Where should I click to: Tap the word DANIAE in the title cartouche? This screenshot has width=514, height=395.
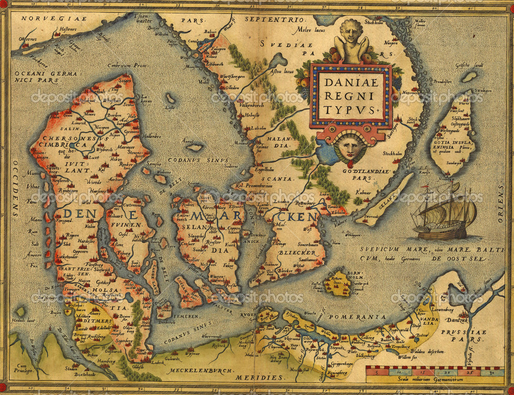pos(350,82)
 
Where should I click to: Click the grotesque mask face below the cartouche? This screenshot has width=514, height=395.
pos(349,148)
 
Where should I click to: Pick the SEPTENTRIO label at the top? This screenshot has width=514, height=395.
pos(274,20)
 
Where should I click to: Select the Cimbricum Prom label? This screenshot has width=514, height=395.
pos(126,65)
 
